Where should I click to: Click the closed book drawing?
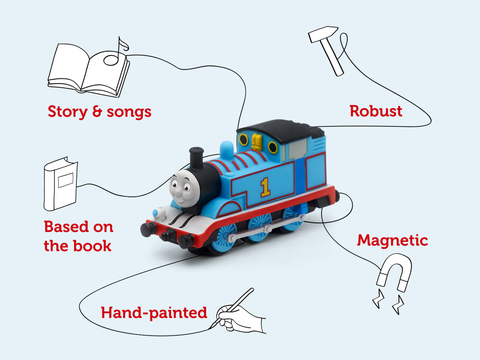(60, 186)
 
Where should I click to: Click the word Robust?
(376, 111)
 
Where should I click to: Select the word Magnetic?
(392, 240)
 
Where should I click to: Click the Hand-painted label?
(154, 312)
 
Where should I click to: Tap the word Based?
(66, 227)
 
